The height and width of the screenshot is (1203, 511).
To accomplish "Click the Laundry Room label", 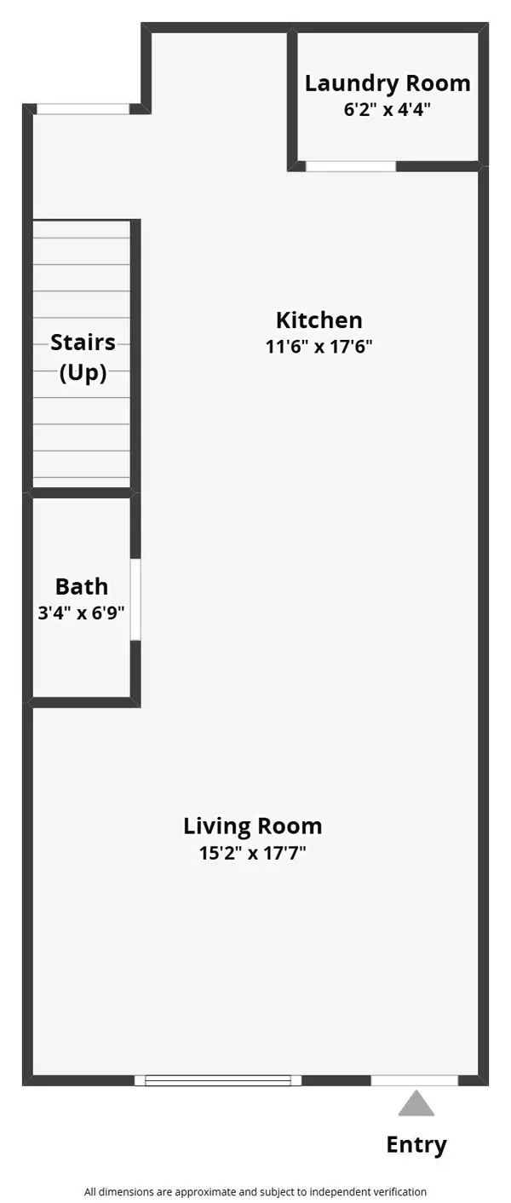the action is [x=388, y=83].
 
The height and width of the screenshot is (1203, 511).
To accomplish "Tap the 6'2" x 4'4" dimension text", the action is [x=388, y=110].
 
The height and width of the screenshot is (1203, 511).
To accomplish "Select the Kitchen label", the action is [x=319, y=320].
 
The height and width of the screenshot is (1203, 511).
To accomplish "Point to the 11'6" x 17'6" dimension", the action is [x=319, y=347].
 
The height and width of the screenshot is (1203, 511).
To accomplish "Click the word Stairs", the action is [x=83, y=342].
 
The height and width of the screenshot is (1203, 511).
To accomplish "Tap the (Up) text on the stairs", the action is [x=83, y=372].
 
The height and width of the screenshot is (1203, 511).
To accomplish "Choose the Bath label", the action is [x=82, y=586].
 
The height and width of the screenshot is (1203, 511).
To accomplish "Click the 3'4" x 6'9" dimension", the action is [x=82, y=613].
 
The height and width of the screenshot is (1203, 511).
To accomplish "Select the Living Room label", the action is [x=253, y=826].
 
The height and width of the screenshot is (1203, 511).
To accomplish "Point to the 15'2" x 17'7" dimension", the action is [x=253, y=852].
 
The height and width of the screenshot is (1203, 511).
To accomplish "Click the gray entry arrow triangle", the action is [x=416, y=1103].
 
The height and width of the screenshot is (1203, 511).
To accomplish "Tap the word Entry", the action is [x=416, y=1144].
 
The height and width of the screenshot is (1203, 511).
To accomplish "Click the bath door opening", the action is [x=135, y=599].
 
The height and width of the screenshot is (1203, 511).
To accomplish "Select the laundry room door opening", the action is [x=351, y=166].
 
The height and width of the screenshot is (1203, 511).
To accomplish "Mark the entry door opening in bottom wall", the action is [x=415, y=1080].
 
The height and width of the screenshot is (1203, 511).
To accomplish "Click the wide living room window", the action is [x=218, y=1080].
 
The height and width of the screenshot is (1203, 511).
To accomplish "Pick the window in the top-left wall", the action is [x=83, y=109].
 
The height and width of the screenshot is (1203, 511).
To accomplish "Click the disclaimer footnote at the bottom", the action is [x=255, y=1192].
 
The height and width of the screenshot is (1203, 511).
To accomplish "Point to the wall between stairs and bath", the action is [x=82, y=493].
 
